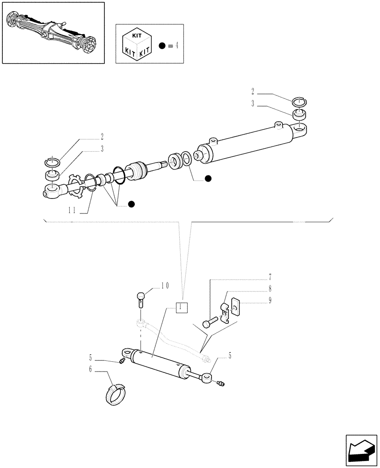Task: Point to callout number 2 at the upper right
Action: click(x=252, y=92)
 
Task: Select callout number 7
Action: click(x=270, y=277)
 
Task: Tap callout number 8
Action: click(x=270, y=289)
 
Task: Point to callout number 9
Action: click(x=270, y=301)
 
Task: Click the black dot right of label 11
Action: click(x=132, y=204)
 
